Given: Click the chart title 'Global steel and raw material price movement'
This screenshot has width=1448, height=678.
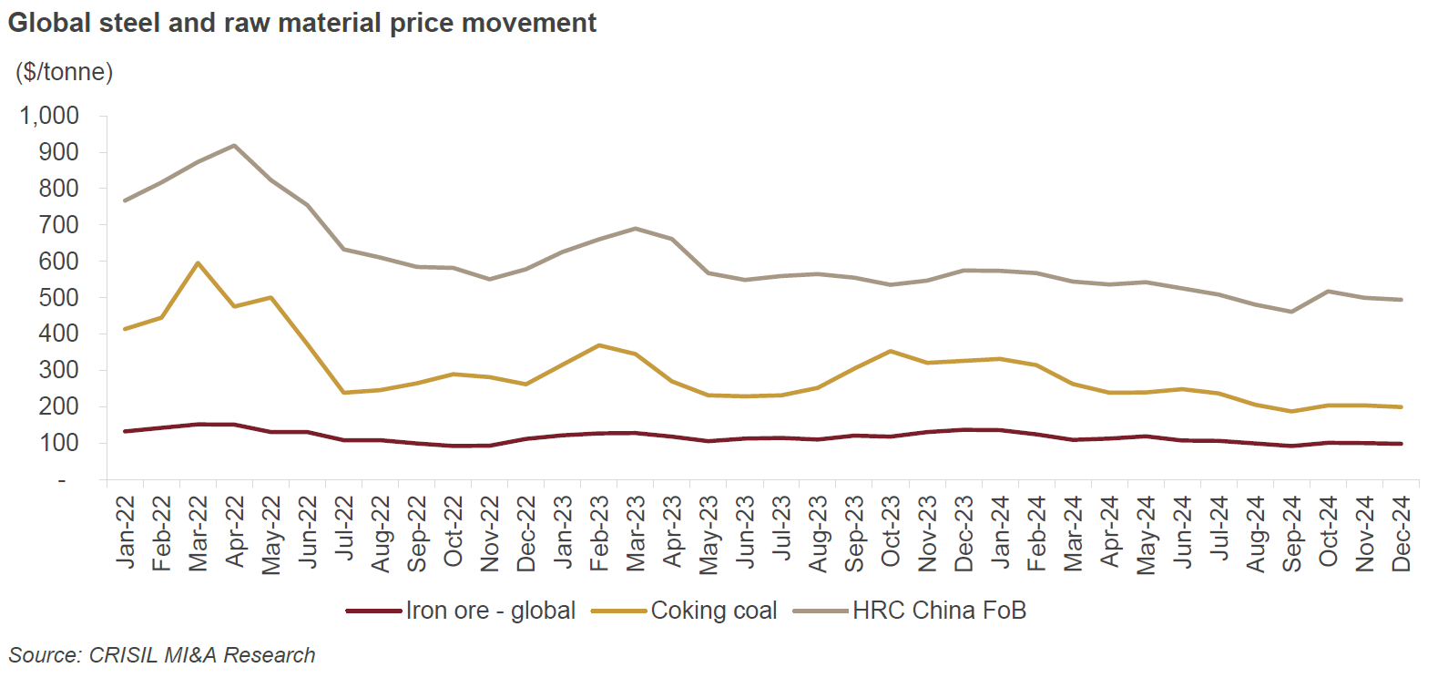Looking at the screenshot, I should [301, 23].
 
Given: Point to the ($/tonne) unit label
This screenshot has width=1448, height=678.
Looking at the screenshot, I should [64, 72].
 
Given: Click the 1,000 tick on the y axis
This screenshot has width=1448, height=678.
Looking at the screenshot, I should [50, 116].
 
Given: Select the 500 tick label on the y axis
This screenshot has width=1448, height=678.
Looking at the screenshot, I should [58, 298].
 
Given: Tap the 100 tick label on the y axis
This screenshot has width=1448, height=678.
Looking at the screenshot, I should [58, 443].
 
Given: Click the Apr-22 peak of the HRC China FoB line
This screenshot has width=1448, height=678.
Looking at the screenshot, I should [235, 146].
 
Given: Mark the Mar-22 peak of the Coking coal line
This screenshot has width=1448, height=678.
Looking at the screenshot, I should [198, 263].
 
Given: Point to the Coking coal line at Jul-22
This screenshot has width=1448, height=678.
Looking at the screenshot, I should [343, 393].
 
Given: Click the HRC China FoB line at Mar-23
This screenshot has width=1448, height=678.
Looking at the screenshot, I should [635, 229].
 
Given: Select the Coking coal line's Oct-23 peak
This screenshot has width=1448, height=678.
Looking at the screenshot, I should [890, 351].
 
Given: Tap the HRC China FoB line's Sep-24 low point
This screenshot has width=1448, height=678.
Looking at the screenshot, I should [1290, 312].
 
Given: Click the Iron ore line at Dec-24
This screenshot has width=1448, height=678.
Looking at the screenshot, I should [1400, 444].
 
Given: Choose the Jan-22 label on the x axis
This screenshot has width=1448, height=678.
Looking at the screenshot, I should [126, 533].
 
